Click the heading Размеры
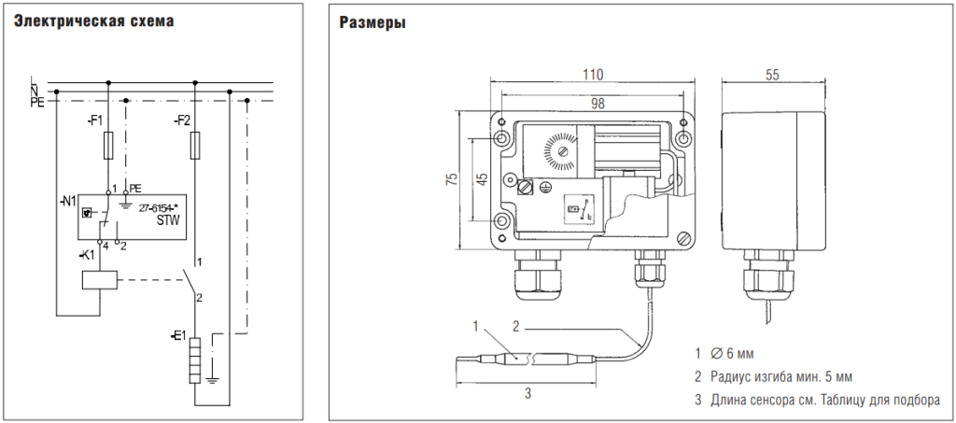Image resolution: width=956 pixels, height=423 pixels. click(372, 22)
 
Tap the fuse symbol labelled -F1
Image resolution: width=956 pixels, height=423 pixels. click(110, 146)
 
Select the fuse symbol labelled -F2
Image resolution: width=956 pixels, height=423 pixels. click(194, 146)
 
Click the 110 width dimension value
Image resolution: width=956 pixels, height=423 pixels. click(593, 75)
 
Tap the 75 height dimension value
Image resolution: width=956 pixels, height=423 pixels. click(452, 182)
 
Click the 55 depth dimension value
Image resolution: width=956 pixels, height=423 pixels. click(771, 76)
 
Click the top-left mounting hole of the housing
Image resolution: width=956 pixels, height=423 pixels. click(503, 138)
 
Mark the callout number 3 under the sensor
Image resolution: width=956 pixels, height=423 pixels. click(527, 394)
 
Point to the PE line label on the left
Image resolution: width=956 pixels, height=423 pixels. click(37, 102)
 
